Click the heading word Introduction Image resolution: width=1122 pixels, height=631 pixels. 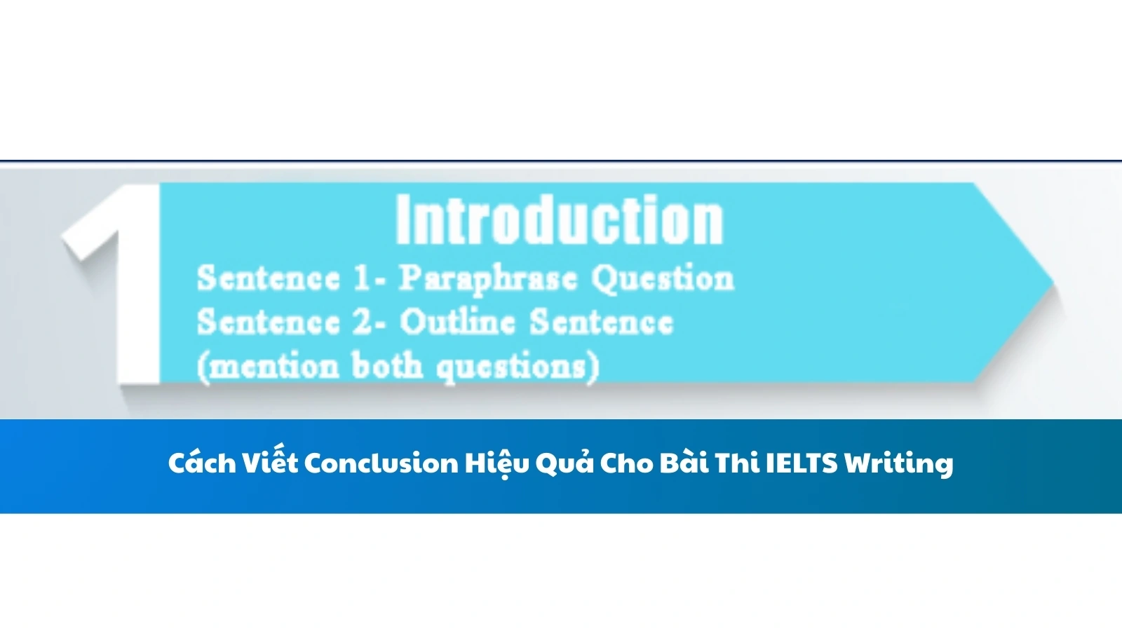tap(559, 220)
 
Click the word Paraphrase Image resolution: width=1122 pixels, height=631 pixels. tap(488, 279)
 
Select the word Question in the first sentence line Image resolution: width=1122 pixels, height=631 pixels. tap(663, 279)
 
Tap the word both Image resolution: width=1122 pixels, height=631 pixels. tap(386, 365)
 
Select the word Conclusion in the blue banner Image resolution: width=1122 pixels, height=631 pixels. tap(381, 463)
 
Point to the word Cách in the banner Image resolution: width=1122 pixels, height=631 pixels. tap(202, 463)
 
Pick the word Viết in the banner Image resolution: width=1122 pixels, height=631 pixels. tap(270, 463)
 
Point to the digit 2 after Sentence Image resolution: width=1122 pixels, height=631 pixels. tap(363, 323)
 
